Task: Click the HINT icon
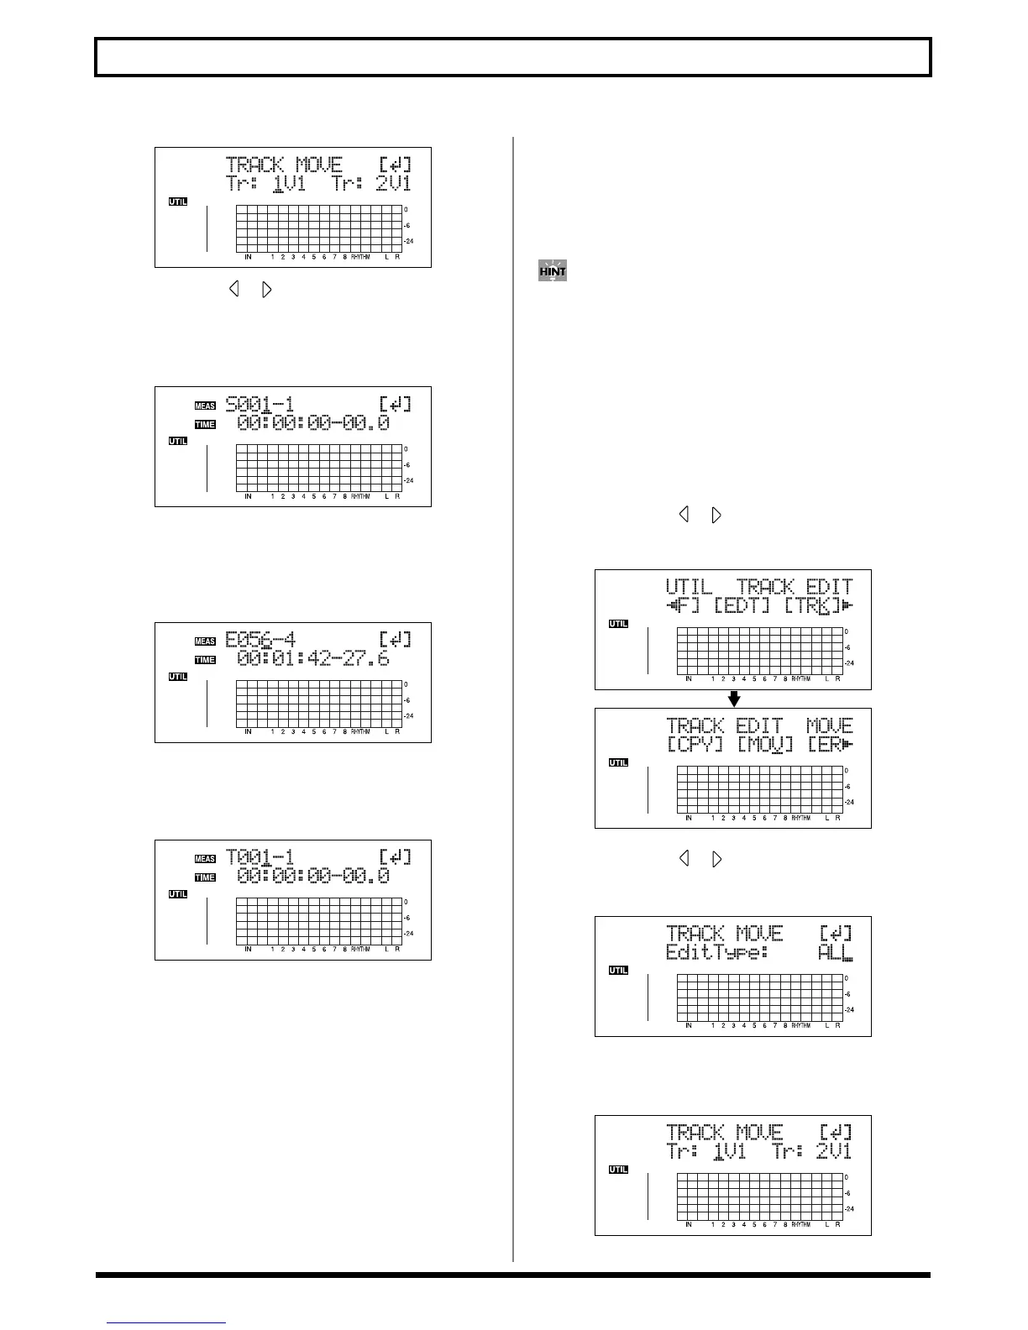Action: coord(552,271)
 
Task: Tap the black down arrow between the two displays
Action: coord(733,699)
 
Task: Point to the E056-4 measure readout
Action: coord(260,640)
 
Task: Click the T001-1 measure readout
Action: coord(260,857)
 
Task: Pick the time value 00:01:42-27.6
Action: coord(312,659)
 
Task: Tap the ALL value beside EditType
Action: coord(835,953)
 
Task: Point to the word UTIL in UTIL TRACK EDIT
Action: coord(689,587)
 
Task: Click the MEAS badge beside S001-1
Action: coord(205,406)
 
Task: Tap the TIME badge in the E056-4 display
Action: coord(205,660)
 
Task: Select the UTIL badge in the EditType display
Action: coord(618,971)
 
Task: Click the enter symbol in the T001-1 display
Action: coord(395,857)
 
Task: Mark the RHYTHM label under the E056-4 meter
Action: coord(360,732)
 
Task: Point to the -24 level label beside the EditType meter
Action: coord(849,1010)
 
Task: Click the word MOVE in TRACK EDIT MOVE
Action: coord(829,725)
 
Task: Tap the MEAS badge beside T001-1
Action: coord(205,859)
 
